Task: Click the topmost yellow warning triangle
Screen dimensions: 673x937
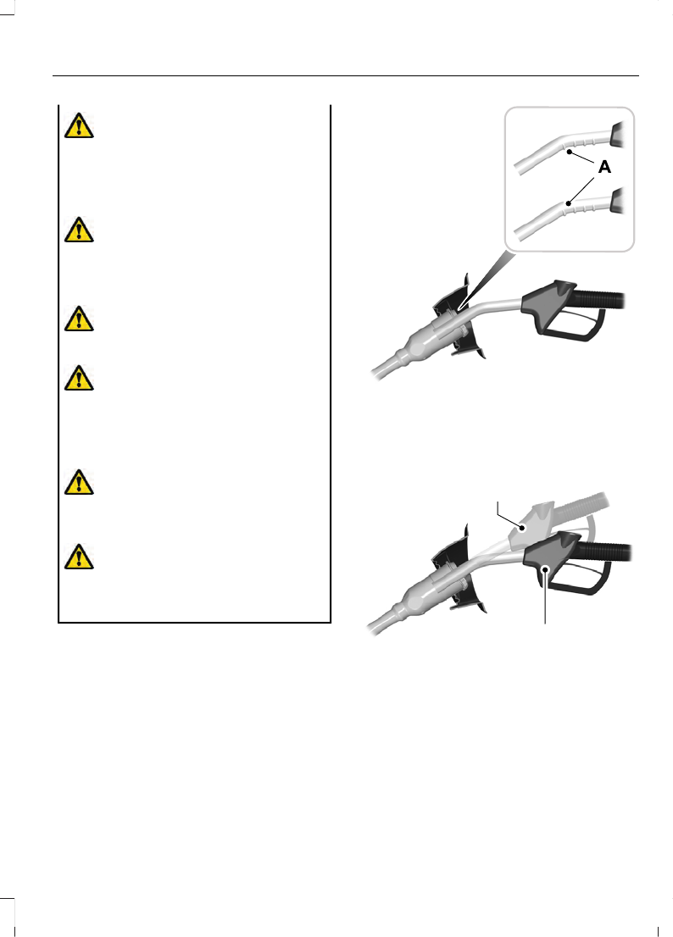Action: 79,126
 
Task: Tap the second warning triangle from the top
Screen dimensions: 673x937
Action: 79,230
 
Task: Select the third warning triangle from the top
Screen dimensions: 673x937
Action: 79,319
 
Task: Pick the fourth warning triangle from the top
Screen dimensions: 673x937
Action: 79,378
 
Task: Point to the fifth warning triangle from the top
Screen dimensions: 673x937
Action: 79,482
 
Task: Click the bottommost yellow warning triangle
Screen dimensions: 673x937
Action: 79,557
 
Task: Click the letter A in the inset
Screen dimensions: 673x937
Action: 605,168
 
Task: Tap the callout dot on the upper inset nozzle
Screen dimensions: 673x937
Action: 569,152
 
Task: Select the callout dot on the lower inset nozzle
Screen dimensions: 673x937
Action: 569,204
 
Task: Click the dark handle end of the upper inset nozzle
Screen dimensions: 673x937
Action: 617,135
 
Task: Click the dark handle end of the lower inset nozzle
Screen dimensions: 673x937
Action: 617,201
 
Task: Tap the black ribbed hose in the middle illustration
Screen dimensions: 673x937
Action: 599,299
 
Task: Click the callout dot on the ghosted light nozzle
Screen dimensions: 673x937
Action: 522,528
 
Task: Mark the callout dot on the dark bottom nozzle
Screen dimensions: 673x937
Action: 545,569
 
